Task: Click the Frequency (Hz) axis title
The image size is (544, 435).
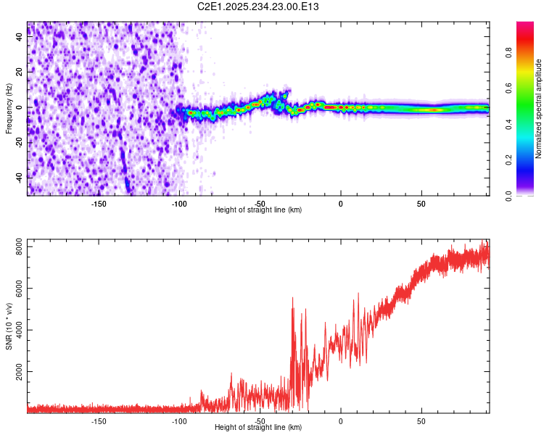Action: tap(9, 108)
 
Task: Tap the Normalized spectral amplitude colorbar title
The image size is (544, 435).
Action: tap(538, 109)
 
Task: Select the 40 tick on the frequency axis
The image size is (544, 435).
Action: tap(20, 38)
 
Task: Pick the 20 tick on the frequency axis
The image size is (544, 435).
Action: tap(20, 72)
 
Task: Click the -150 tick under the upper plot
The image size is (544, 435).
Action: tap(99, 203)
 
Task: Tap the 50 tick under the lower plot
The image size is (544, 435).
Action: tap(421, 420)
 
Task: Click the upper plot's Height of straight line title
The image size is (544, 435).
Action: tap(258, 210)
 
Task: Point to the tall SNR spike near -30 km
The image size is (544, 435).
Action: tap(293, 299)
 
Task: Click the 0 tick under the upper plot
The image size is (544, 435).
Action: tap(341, 203)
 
